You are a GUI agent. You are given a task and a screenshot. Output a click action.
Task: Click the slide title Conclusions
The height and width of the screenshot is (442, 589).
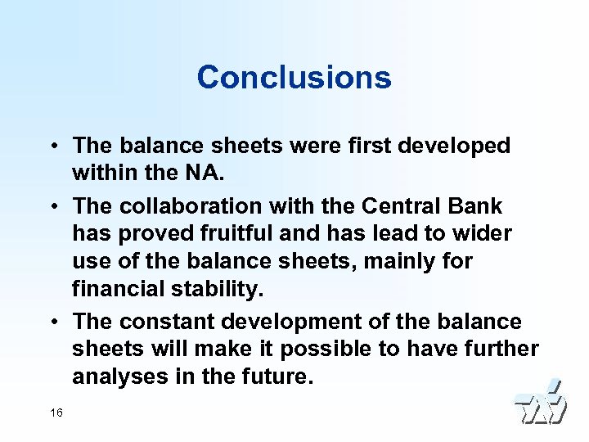(x=294, y=78)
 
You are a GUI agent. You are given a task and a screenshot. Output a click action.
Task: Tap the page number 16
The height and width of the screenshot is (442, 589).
(x=56, y=413)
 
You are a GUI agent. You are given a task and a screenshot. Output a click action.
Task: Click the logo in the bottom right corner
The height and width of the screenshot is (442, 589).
(x=540, y=404)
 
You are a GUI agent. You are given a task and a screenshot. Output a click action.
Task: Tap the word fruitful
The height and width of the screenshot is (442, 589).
(x=229, y=232)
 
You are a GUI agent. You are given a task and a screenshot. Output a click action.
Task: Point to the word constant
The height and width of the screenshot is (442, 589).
(x=164, y=320)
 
